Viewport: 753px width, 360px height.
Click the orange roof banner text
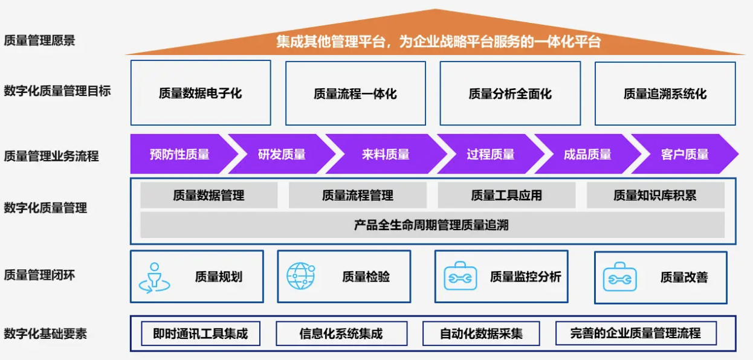coord(438,42)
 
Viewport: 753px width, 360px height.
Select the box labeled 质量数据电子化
coord(201,93)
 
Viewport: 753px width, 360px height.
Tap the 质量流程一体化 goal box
coord(356,94)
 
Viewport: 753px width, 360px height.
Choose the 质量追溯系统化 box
coord(665,94)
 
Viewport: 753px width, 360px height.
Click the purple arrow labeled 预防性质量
coord(180,154)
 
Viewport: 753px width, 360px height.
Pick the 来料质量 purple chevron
coord(386,154)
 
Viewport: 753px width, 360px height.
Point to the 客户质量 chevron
coord(685,154)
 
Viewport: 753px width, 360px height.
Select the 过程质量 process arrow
coord(491,154)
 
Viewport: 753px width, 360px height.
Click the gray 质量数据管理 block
coord(208,195)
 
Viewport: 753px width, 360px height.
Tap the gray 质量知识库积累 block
coord(656,195)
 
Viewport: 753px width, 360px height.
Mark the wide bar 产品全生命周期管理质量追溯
coord(432,225)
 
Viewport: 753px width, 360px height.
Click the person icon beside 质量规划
coord(154,278)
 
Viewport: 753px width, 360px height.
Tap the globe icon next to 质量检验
coord(301,276)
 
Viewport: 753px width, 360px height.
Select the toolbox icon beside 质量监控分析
coord(461,276)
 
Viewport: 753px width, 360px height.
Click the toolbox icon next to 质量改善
coord(620,277)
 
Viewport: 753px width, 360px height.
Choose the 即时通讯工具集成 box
coord(201,333)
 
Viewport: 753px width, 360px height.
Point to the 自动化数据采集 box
coord(481,333)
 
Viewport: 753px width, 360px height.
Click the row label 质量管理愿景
coord(39,40)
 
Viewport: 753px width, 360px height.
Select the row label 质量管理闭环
coord(39,275)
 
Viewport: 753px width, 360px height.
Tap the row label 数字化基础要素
coord(45,334)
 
